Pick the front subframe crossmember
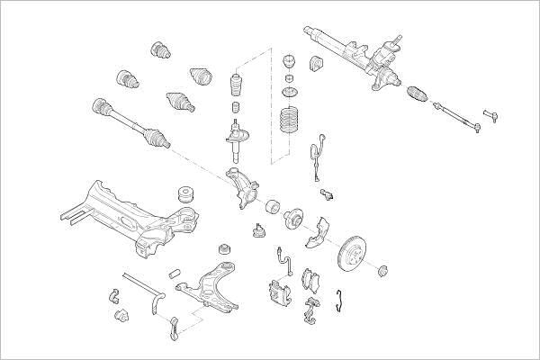[x=126, y=211]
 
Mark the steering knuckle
[x=241, y=184]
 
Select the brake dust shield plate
[x=315, y=231]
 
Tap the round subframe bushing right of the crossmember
[x=187, y=194]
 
